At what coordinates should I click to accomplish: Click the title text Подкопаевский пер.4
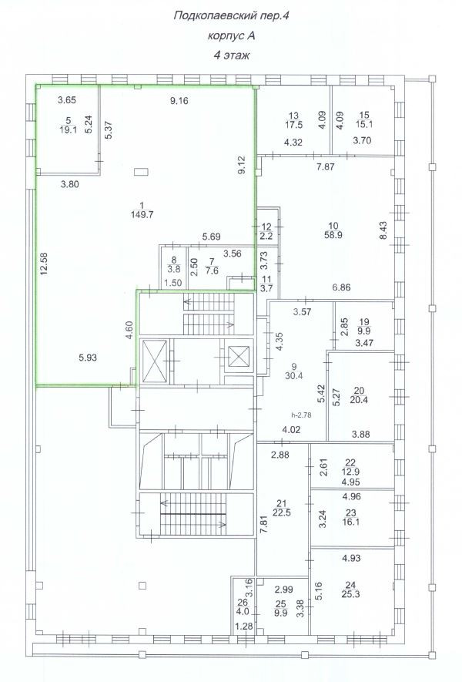coord(231,16)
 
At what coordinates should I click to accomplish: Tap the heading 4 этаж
coord(231,55)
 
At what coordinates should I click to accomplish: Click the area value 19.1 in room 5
coord(69,129)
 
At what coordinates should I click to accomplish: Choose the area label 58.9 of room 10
coord(333,235)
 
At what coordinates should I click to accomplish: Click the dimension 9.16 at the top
coord(179,101)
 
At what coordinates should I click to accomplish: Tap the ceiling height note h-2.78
coord(302,415)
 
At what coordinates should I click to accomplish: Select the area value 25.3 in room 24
coord(350,594)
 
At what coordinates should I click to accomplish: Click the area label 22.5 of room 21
coord(282,512)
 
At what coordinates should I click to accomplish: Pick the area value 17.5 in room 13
coord(294,125)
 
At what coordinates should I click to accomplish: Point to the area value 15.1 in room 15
coord(364,124)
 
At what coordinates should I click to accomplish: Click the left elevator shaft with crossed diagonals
coord(155,361)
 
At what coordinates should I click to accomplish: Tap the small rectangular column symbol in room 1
coord(141,172)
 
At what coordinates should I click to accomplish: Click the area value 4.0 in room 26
coord(243,611)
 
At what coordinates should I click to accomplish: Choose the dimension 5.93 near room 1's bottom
coord(88,358)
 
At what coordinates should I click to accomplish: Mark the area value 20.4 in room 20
coord(359,400)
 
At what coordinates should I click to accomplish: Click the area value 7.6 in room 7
coord(212,271)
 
